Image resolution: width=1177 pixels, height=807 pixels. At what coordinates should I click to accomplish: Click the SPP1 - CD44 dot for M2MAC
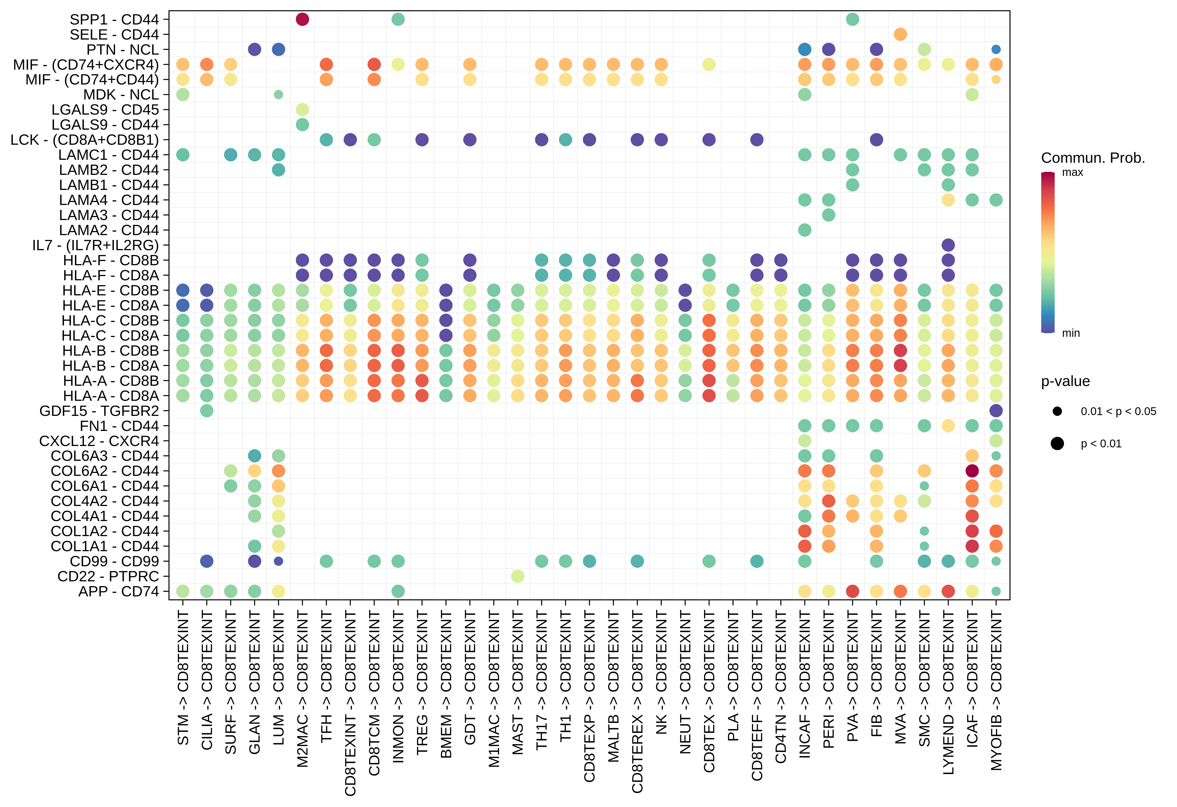click(x=302, y=19)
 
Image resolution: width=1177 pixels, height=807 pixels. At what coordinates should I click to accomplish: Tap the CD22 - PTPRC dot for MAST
click(x=518, y=576)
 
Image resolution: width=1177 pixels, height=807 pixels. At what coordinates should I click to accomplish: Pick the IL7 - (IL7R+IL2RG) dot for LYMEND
click(x=948, y=245)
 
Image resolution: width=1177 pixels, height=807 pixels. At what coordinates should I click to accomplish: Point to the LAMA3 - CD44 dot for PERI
click(x=829, y=215)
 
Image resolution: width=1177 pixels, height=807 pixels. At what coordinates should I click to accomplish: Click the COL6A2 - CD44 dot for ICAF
click(x=972, y=471)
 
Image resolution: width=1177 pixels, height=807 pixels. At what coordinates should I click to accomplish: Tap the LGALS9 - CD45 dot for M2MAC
click(x=302, y=109)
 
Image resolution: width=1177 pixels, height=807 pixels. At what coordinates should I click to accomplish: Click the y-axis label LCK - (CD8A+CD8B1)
click(x=84, y=140)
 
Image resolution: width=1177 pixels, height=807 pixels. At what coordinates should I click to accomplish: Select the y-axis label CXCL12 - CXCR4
click(x=99, y=441)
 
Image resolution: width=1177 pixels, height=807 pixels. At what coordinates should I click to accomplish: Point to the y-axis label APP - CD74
click(x=119, y=591)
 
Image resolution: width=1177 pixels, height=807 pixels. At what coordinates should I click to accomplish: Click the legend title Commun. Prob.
click(x=1093, y=158)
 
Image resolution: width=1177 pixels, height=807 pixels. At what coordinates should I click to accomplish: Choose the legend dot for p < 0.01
click(x=1057, y=444)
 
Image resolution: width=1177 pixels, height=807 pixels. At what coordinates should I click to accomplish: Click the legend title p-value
click(x=1065, y=381)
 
